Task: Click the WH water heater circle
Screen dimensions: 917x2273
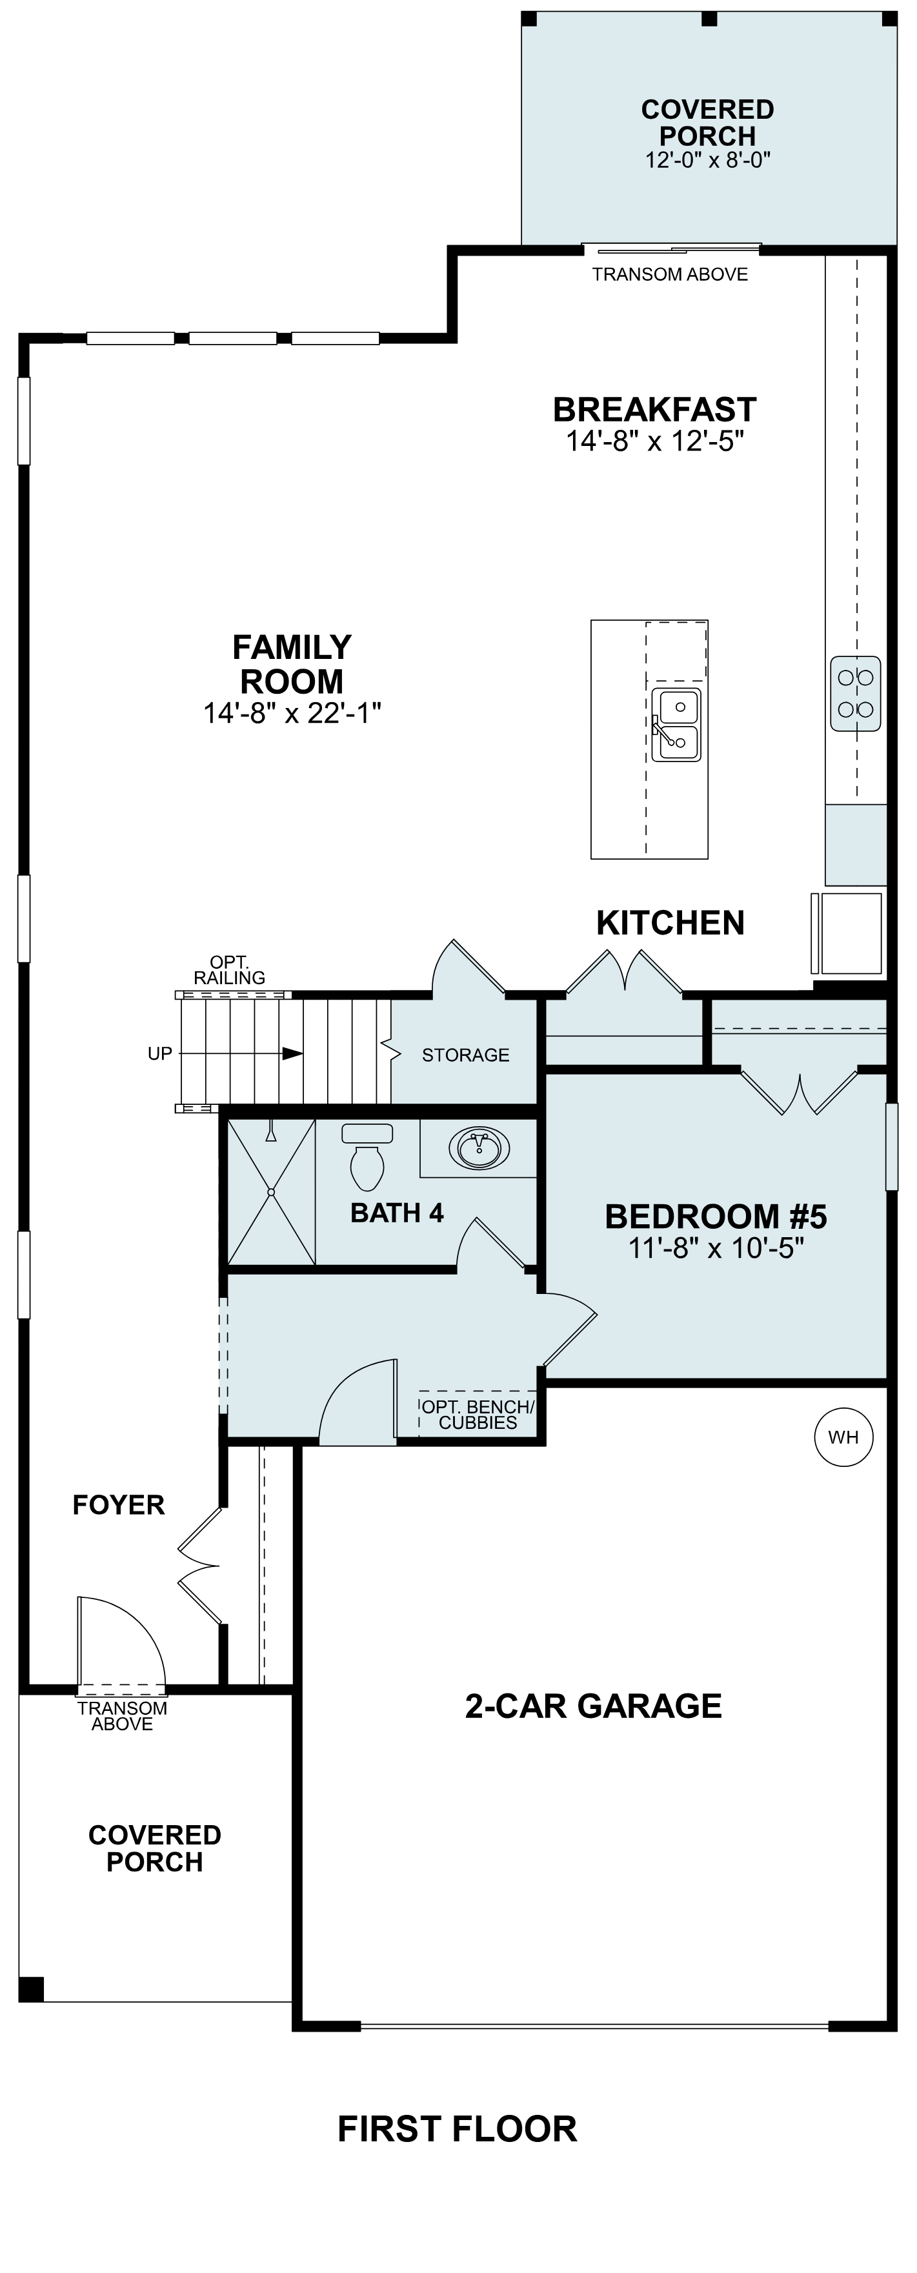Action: [x=843, y=1437]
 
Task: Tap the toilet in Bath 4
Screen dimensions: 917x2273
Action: [x=367, y=1158]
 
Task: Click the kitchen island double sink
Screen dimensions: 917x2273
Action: [x=676, y=725]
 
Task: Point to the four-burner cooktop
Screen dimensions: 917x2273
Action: [x=855, y=694]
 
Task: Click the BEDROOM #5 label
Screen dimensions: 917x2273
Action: [x=716, y=1217]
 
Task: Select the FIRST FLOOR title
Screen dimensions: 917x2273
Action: [x=457, y=2129]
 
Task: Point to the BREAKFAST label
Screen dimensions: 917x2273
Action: [x=655, y=409]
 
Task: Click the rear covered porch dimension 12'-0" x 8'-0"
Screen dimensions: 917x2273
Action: [x=708, y=159]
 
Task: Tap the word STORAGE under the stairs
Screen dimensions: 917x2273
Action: [x=465, y=1055]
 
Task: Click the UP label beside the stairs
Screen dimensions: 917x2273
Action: [x=160, y=1053]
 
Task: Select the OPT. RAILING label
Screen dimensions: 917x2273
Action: [x=230, y=970]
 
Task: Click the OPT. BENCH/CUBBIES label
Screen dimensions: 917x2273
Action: [x=478, y=1415]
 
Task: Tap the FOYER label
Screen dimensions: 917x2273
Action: [x=118, y=1504]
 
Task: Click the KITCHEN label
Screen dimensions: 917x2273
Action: [x=670, y=923]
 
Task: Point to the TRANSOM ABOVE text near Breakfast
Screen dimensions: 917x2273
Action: [x=670, y=274]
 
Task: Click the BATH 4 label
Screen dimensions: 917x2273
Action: [x=397, y=1213]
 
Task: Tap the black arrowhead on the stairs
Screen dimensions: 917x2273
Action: [x=293, y=1053]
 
